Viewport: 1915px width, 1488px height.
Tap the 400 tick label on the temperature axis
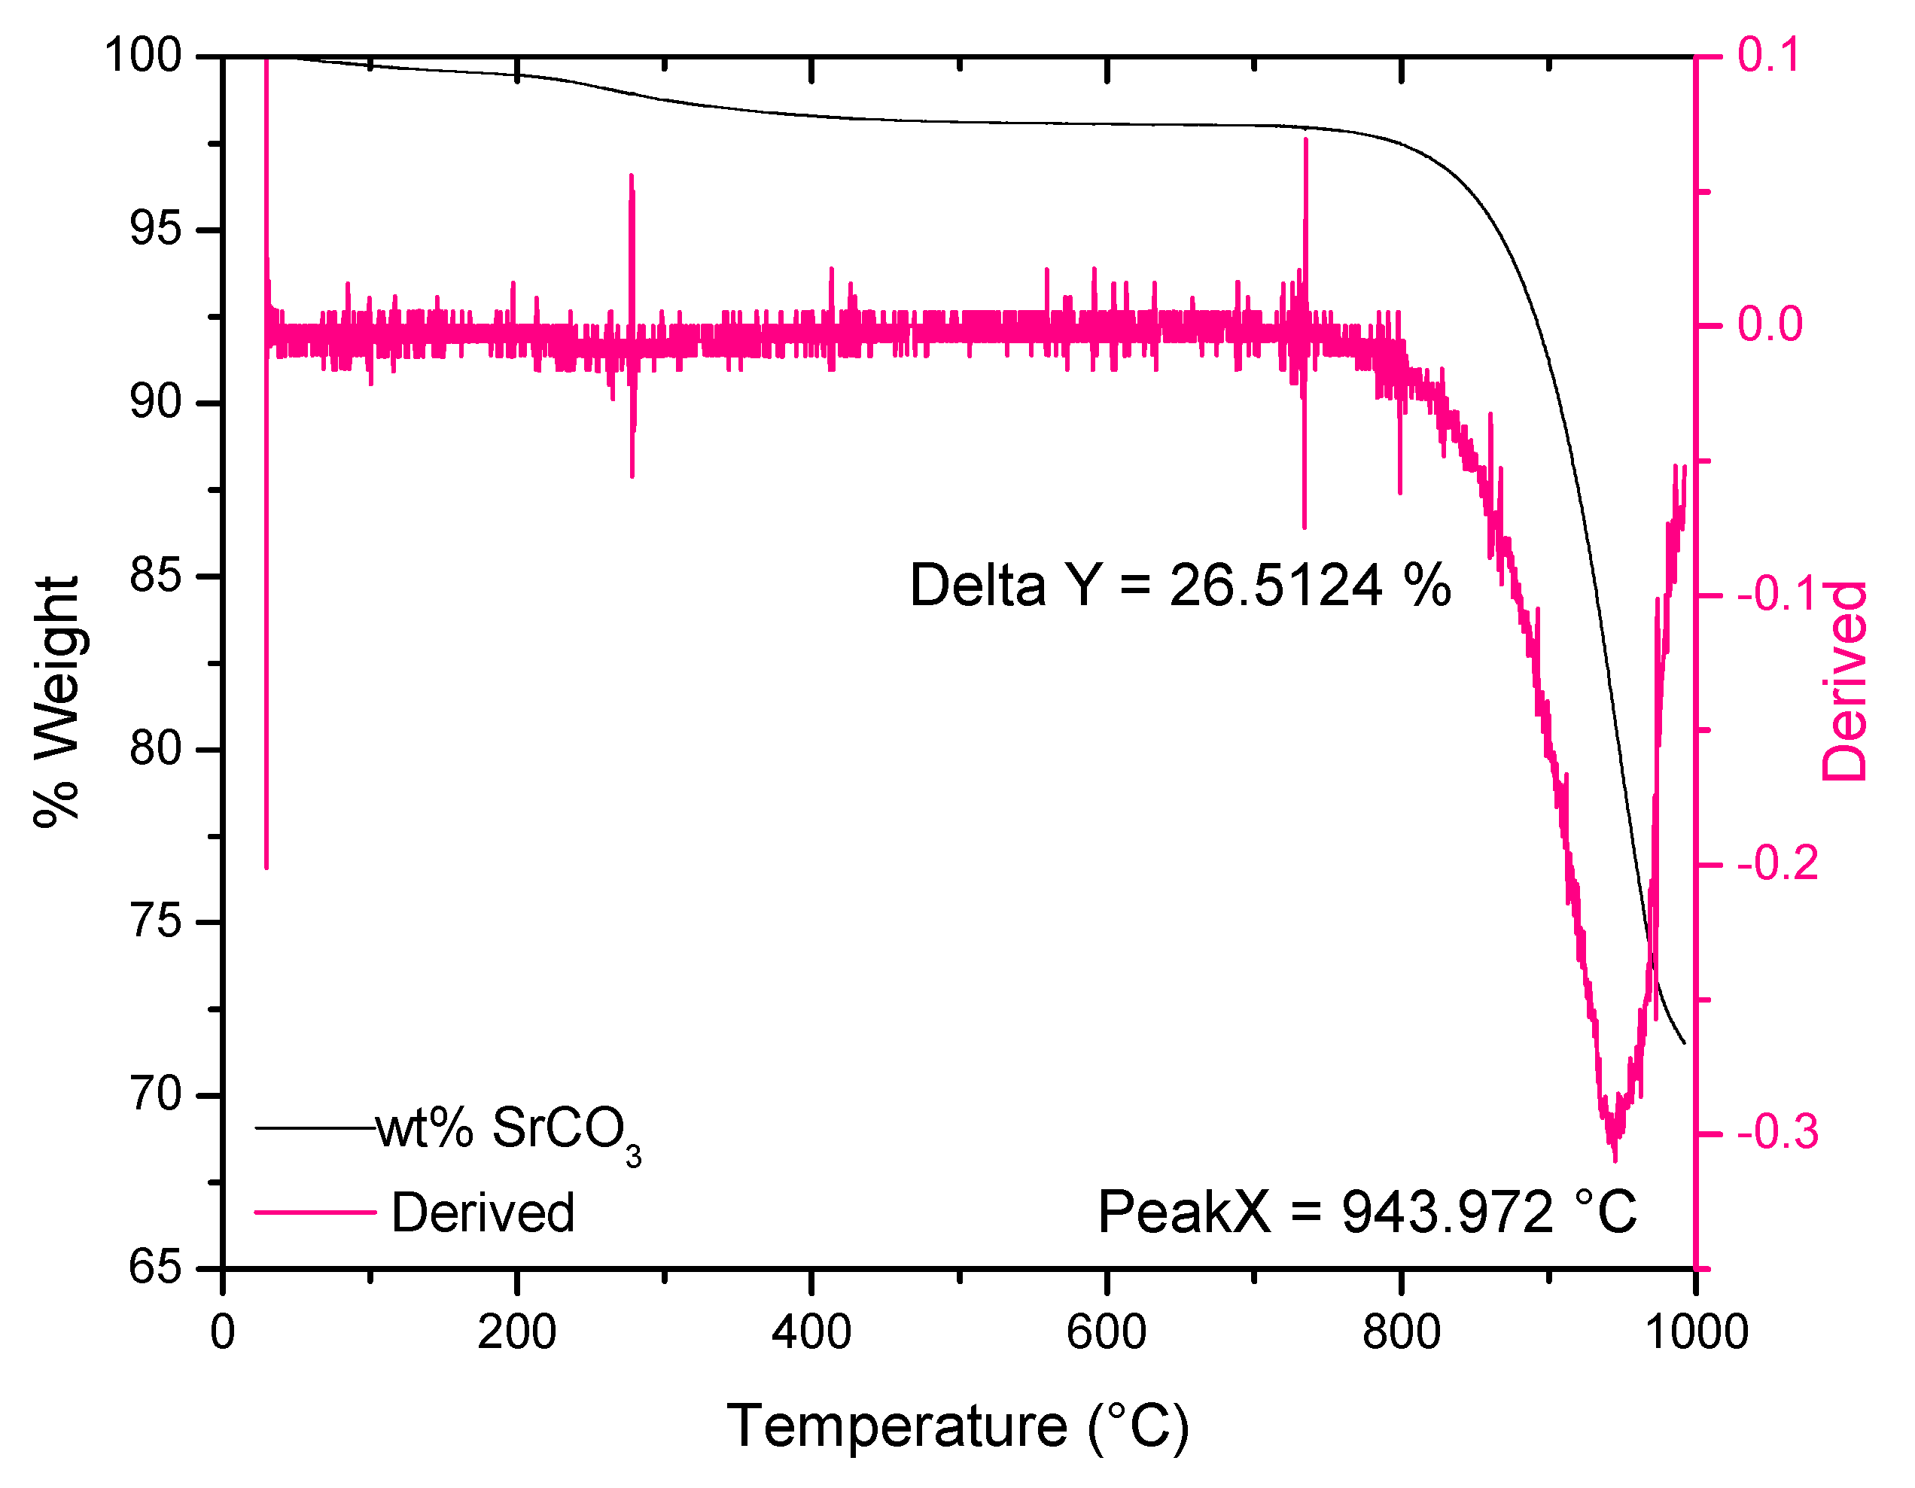point(811,1332)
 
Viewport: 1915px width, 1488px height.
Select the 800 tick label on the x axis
point(1401,1332)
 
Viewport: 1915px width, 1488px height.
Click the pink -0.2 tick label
point(1777,864)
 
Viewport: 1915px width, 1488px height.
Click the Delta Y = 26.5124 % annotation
point(1180,585)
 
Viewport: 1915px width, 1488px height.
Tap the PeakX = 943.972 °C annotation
point(1367,1213)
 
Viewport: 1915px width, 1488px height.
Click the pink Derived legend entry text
point(483,1213)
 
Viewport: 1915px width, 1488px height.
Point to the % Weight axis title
point(57,701)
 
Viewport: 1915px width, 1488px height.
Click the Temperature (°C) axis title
point(957,1426)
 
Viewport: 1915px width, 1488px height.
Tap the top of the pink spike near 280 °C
point(632,176)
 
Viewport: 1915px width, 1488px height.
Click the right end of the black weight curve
point(1683,1042)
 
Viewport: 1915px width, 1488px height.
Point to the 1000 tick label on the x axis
point(1696,1332)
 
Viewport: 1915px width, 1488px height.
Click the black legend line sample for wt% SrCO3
point(315,1127)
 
